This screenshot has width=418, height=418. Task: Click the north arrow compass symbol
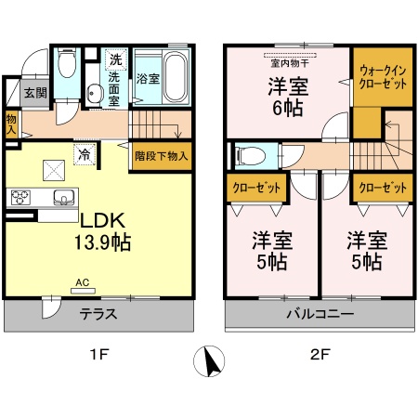209,361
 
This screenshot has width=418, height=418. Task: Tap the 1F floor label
98,354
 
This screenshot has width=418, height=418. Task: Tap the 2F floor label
320,354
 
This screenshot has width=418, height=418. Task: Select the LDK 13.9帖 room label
103,231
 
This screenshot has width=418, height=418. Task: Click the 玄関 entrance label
35,93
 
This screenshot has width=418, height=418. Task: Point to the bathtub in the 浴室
176,76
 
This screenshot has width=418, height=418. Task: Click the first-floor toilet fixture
67,63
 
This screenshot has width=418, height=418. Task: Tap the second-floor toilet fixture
250,155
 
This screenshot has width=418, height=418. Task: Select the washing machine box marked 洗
116,59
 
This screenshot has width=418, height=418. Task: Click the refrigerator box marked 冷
85,154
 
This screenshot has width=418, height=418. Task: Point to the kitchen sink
64,197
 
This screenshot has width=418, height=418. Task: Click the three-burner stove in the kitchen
20,197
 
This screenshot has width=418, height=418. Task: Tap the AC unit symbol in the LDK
83,291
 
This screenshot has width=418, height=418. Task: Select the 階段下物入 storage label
162,156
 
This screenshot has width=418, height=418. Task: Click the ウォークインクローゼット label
383,77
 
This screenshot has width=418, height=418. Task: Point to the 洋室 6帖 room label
288,98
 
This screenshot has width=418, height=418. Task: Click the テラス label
98,314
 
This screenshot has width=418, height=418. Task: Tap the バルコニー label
320,314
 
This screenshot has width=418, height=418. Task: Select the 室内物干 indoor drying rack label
290,63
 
